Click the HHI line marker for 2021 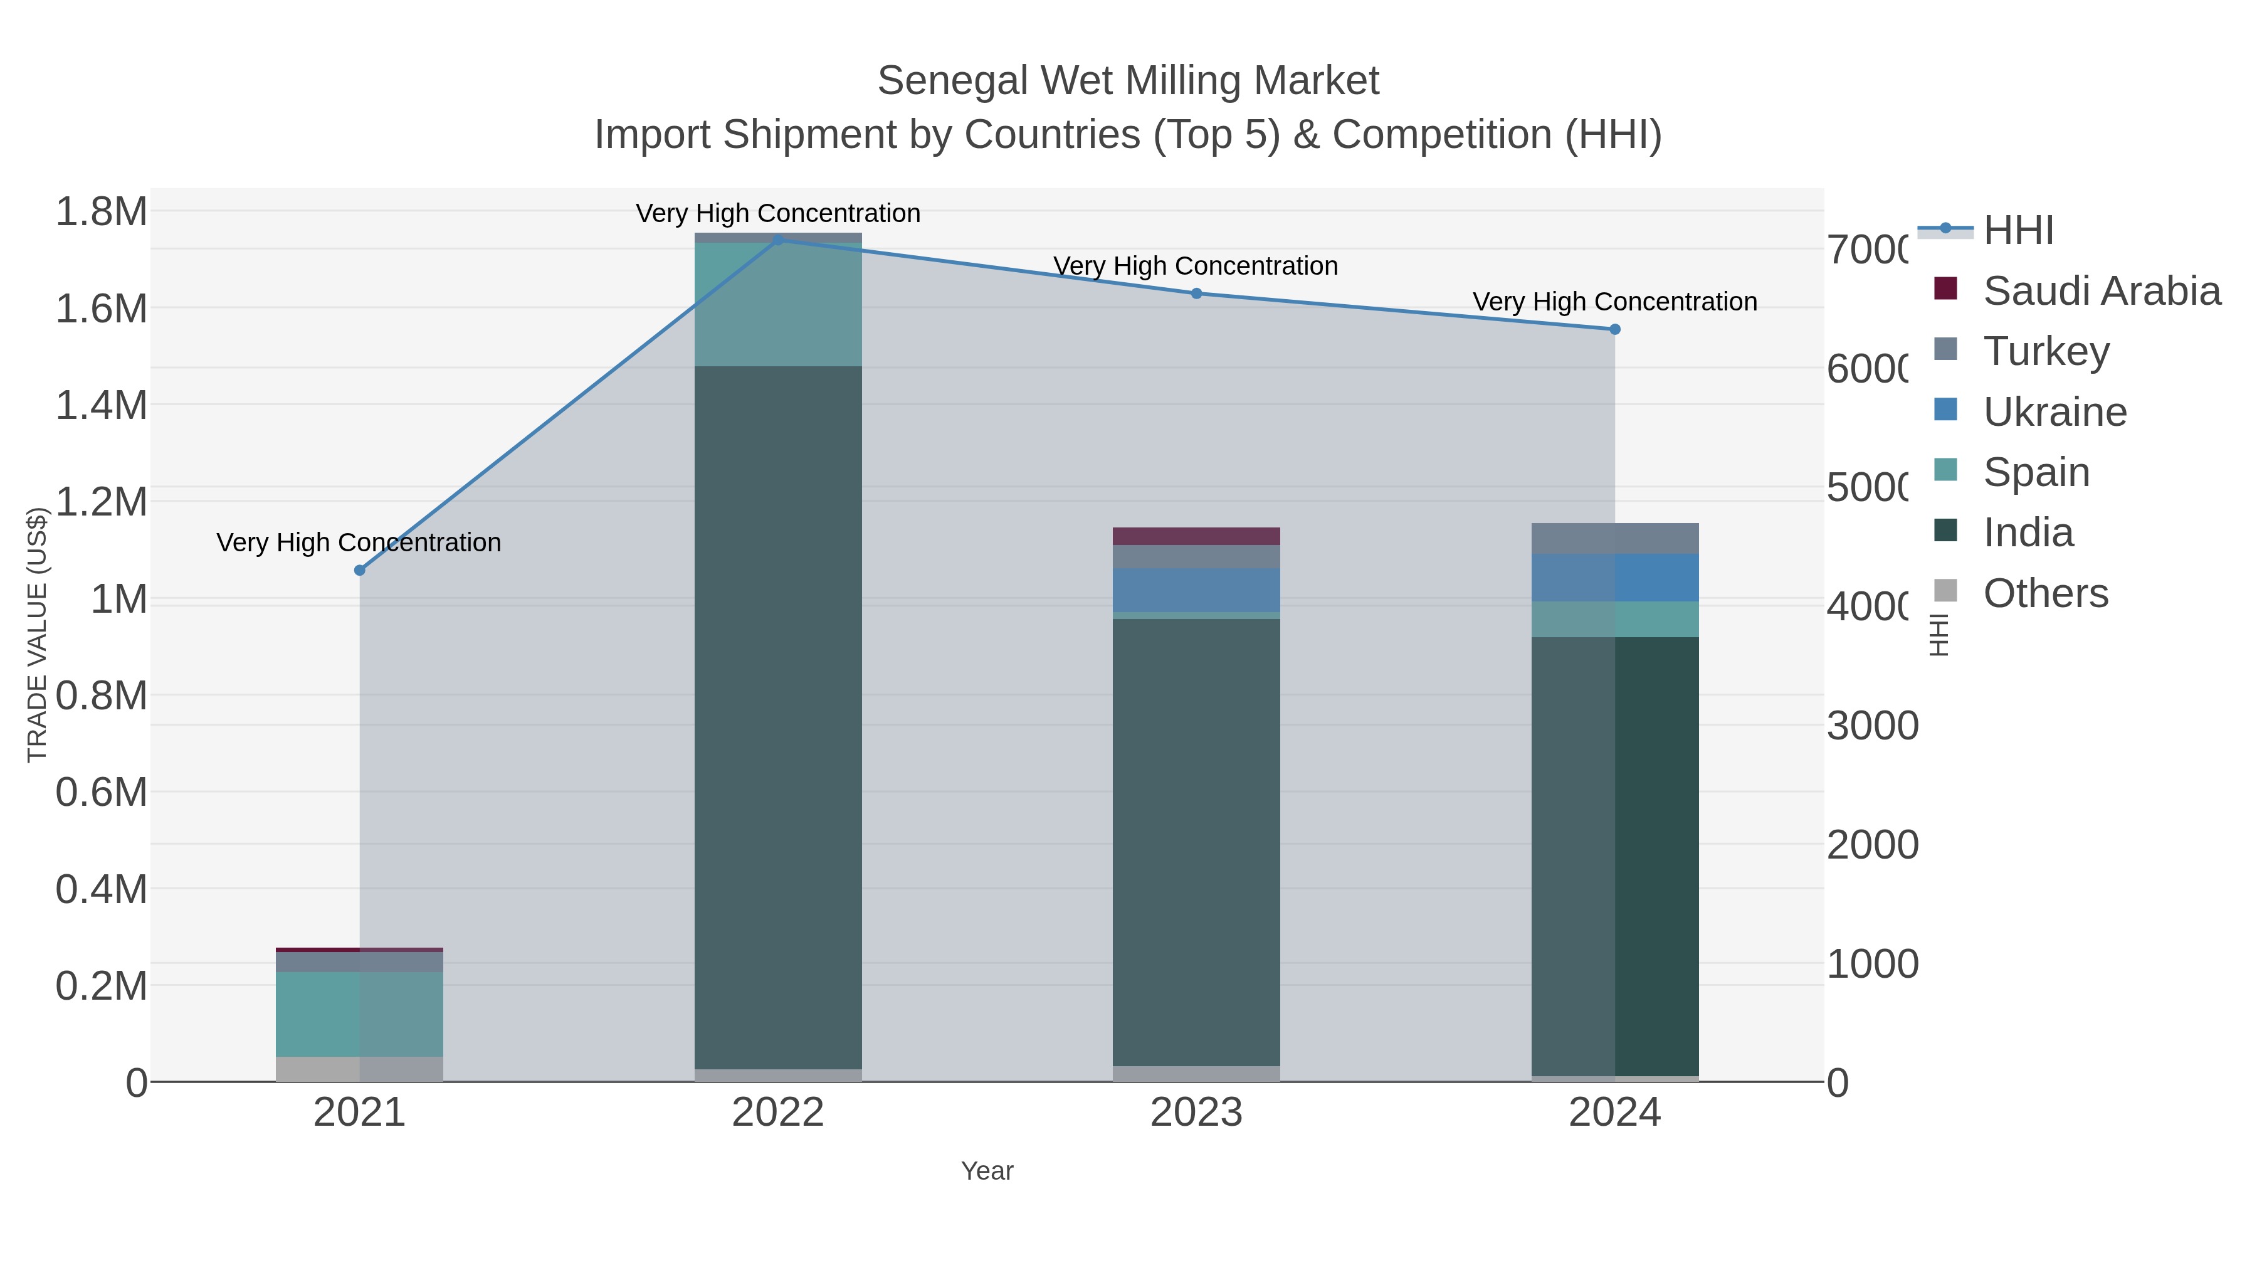coord(359,571)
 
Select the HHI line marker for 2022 coord(777,240)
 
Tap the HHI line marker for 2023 coord(1197,294)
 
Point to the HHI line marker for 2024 coord(1615,329)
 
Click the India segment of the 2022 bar coord(778,717)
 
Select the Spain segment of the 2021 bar coord(359,1013)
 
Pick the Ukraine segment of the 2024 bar coord(1615,578)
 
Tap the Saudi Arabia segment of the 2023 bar coord(1196,536)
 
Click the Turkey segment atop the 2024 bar coord(1615,538)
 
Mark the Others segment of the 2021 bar coord(359,1069)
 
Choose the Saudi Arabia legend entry coord(2101,291)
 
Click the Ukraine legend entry coord(2054,412)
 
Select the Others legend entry coord(2045,593)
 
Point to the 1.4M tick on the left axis coord(102,406)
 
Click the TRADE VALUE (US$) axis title coord(37,635)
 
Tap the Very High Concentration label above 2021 coord(359,542)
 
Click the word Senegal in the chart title coord(952,81)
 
